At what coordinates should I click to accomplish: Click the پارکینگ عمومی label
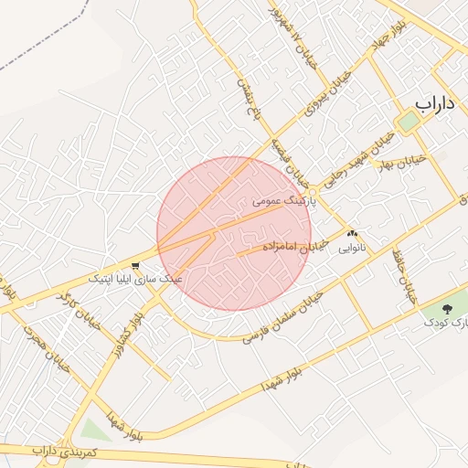(282, 199)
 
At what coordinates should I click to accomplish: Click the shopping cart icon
(135, 265)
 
